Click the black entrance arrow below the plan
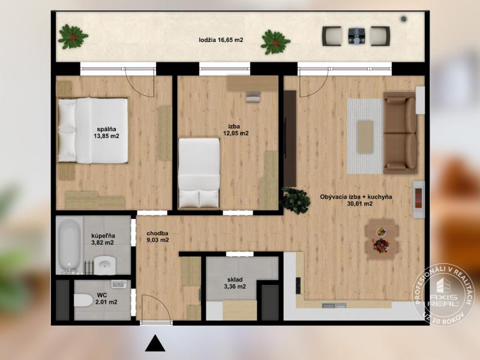coord(155,343)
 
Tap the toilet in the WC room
coord(83,301)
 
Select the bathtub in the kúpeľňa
coord(69,246)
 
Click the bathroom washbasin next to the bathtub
coord(104,265)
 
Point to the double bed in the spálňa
coord(92,130)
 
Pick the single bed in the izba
coord(199,173)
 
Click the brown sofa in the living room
coord(400,133)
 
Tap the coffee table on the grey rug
coord(365,137)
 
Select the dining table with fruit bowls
coord(382,239)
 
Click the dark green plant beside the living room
coord(295,200)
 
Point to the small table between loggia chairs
coord(356,36)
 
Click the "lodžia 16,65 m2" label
coord(221,40)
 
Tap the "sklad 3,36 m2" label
coord(235,283)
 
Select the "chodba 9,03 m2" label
coord(158,236)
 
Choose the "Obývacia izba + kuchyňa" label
coord(356,197)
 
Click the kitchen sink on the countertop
coord(334,305)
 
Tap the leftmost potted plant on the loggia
coord(73,37)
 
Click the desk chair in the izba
coord(253,97)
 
